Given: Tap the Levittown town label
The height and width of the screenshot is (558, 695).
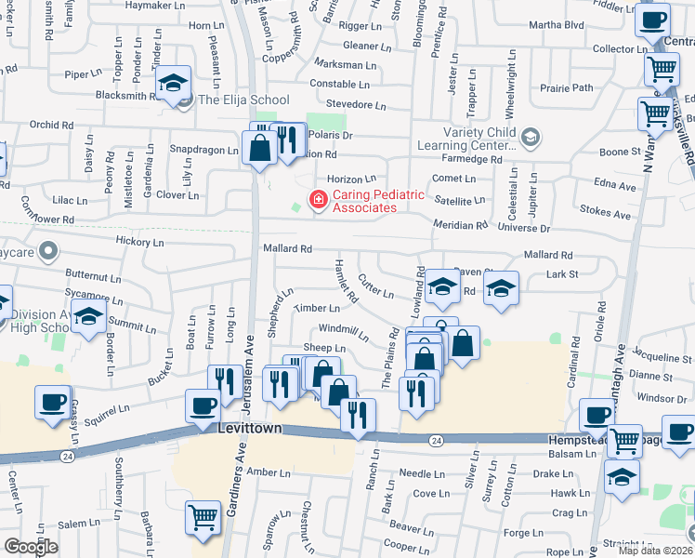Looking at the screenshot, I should [249, 431].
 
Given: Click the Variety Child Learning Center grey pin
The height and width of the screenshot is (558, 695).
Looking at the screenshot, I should [530, 139].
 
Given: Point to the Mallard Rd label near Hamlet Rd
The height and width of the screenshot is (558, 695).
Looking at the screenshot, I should [286, 248].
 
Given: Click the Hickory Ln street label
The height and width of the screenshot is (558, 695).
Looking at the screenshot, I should [139, 242].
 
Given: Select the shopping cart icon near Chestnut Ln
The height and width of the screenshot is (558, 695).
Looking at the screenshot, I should [203, 518].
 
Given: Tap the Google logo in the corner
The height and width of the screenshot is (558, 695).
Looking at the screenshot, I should [31, 547].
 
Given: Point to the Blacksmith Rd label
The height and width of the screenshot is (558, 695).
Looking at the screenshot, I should [124, 95].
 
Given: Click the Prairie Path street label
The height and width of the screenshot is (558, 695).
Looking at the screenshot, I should [569, 88].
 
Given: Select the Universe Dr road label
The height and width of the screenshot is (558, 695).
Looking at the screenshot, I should [524, 227].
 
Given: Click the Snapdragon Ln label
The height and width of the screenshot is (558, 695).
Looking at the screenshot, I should [199, 149].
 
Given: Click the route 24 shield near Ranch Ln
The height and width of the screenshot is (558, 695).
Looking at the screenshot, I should [436, 438].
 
